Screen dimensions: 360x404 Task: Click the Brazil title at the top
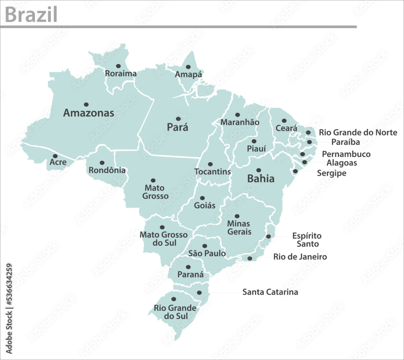point(31,15)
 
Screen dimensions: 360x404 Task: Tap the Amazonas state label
point(88,113)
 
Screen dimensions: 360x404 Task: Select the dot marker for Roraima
point(118,66)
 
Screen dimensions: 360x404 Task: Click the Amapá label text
point(188,75)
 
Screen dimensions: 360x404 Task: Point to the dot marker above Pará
point(178,119)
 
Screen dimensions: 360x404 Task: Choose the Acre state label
point(58,162)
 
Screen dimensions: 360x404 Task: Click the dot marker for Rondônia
point(102,163)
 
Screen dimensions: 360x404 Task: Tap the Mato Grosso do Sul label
point(164,239)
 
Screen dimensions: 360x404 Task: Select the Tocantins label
point(213,172)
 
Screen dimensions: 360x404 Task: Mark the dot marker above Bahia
point(259,170)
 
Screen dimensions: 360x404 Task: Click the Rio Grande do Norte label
point(358,132)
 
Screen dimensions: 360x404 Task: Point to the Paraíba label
point(345,142)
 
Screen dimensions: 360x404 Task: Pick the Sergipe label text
point(332,173)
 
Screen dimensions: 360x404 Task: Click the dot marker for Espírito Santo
point(268,237)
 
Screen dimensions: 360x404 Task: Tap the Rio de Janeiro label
point(300,257)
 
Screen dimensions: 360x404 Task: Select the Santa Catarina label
point(270,292)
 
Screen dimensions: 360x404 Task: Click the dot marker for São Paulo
point(204,246)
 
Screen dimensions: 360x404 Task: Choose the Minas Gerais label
point(239,228)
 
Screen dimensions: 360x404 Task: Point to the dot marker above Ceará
point(284,121)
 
